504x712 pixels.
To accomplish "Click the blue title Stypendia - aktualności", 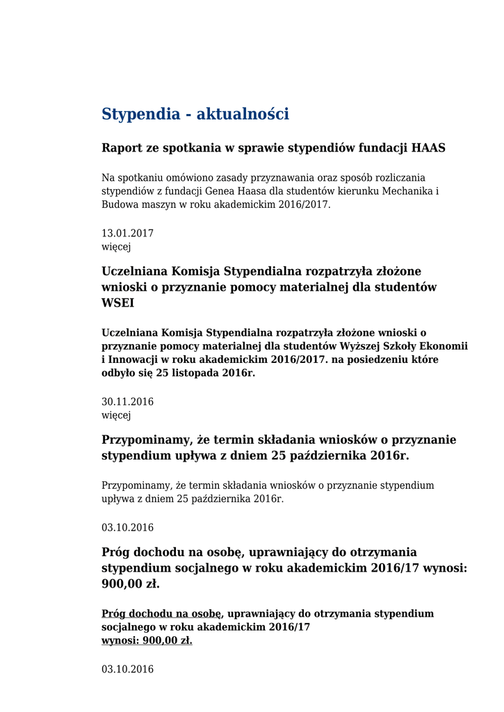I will (x=195, y=114).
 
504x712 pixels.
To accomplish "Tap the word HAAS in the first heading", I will (x=428, y=148).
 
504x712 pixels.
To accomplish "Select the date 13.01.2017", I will (x=127, y=234).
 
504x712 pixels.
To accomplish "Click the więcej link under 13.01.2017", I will (x=116, y=247).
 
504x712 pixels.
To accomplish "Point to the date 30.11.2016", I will (x=127, y=402).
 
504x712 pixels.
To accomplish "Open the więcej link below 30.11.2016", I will (x=116, y=415).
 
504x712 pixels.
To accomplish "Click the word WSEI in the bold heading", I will (x=118, y=304).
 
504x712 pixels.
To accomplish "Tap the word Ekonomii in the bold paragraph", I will (x=445, y=346).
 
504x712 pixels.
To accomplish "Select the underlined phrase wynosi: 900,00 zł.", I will (x=147, y=640).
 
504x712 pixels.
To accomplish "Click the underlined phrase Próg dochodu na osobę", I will (x=161, y=614).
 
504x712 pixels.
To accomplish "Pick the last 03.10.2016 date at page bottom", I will (x=127, y=670).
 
